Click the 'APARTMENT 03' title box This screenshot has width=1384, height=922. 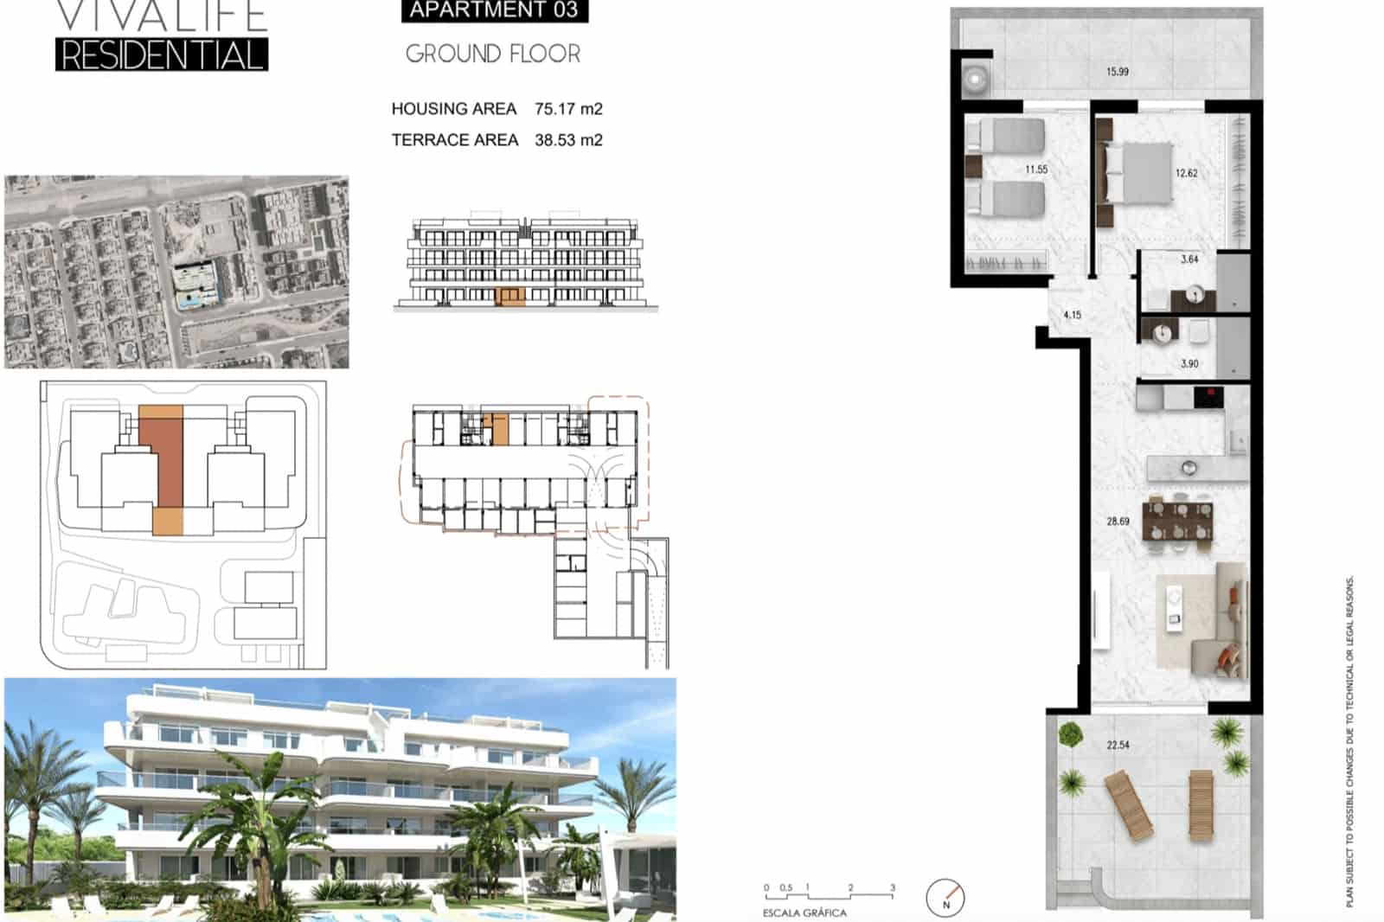tap(494, 10)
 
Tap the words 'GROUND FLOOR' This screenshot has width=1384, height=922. tap(493, 54)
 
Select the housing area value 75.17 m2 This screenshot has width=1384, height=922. tap(568, 109)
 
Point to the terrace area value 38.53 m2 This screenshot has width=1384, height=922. tap(568, 140)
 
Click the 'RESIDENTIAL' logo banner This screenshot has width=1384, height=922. tap(162, 54)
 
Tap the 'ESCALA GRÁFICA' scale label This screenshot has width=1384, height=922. tap(804, 912)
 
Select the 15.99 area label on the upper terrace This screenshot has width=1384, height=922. tap(1117, 72)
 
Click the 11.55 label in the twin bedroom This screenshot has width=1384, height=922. tap(1035, 170)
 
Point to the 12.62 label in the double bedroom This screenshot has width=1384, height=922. tap(1186, 173)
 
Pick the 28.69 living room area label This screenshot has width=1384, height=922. tap(1118, 522)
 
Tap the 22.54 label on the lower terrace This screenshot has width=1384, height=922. tap(1118, 745)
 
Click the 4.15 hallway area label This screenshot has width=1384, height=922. tap(1072, 315)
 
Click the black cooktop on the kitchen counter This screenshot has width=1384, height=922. tap(1208, 397)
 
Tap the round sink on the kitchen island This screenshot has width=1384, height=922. tap(1189, 468)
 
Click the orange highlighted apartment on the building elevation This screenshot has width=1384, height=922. tap(510, 297)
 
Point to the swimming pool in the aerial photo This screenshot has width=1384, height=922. tap(189, 300)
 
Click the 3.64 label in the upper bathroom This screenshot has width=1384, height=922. tap(1189, 259)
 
